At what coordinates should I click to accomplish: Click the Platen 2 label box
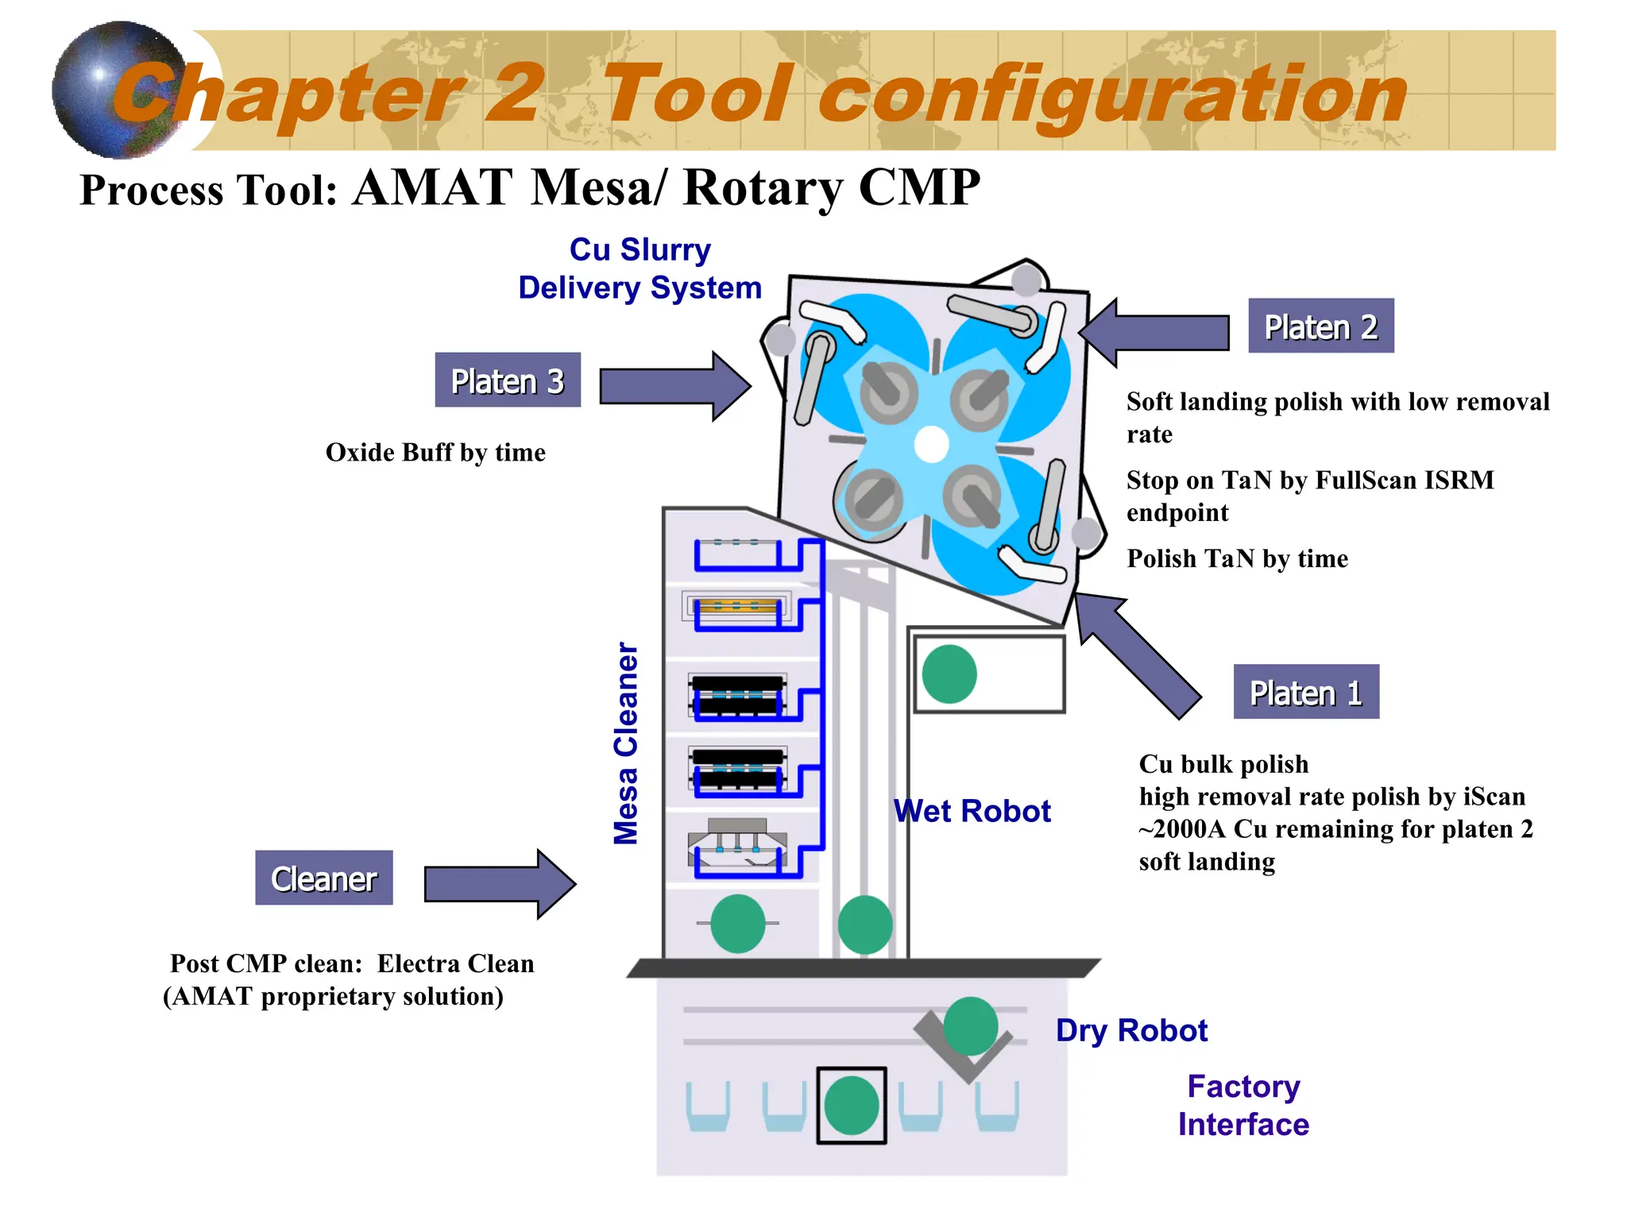pyautogui.click(x=1320, y=326)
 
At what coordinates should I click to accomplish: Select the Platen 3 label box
pyautogui.click(x=508, y=380)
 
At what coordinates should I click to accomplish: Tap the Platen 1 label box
pyautogui.click(x=1305, y=692)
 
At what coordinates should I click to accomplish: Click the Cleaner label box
pyautogui.click(x=323, y=878)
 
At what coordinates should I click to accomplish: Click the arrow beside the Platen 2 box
pyautogui.click(x=1155, y=332)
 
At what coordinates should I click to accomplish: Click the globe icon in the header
pyautogui.click(x=119, y=90)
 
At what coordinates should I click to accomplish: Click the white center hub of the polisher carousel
pyautogui.click(x=931, y=445)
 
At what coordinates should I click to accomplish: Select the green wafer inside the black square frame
pyautogui.click(x=851, y=1105)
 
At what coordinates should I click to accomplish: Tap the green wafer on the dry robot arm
pyautogui.click(x=970, y=1025)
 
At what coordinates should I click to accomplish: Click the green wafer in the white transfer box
pyautogui.click(x=949, y=674)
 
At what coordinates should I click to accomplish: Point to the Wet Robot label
pyautogui.click(x=972, y=811)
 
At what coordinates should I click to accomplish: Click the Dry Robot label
pyautogui.click(x=1130, y=1030)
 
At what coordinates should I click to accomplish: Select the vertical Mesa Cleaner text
pyautogui.click(x=626, y=743)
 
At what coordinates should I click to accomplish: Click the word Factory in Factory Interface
pyautogui.click(x=1243, y=1087)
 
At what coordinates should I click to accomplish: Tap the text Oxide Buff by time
pyautogui.click(x=435, y=452)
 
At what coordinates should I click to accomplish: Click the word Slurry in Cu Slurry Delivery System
pyautogui.click(x=665, y=249)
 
